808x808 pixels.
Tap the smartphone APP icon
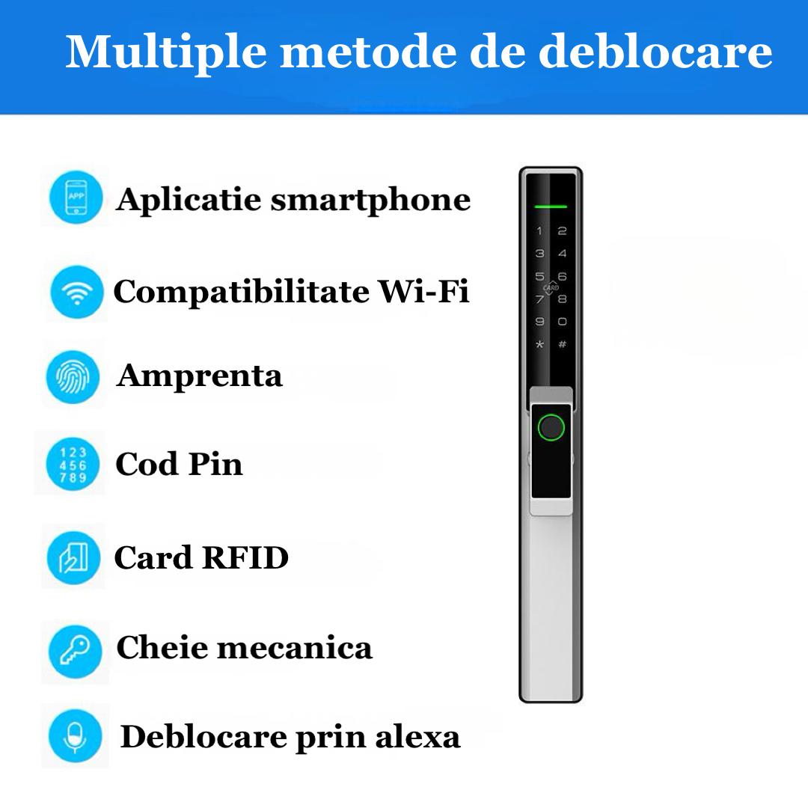[x=76, y=198]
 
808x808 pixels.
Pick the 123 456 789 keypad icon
[x=73, y=465]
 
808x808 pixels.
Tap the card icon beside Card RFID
[x=73, y=557]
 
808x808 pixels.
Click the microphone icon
[x=74, y=736]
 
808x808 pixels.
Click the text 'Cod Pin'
[x=179, y=465]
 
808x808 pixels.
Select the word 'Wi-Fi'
[x=423, y=291]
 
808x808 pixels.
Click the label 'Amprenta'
[x=199, y=376]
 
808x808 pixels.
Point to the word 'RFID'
[x=245, y=558]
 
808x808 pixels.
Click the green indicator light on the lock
[x=550, y=205]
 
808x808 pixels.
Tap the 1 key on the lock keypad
[x=539, y=231]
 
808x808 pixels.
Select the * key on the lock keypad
[x=539, y=345]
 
